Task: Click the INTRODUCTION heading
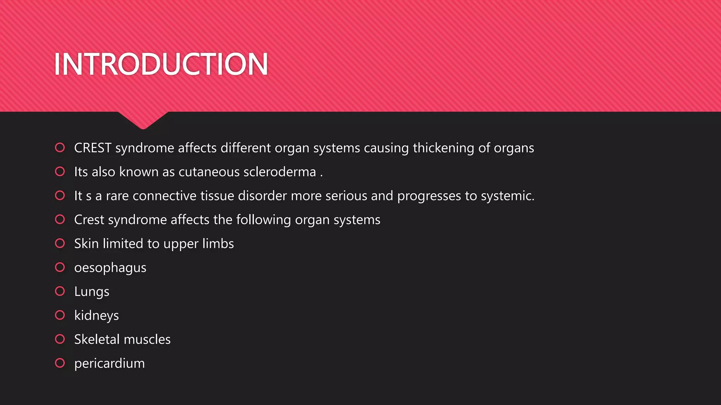click(x=161, y=64)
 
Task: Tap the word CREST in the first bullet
click(x=93, y=148)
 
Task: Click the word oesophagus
click(x=110, y=268)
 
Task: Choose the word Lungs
click(x=92, y=292)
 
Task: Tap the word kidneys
click(x=96, y=316)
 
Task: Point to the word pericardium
click(x=109, y=364)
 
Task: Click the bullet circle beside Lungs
click(x=60, y=291)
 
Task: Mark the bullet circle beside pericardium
click(x=60, y=363)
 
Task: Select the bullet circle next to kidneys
click(x=60, y=315)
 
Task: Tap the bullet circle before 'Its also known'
click(x=60, y=172)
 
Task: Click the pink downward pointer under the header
click(x=143, y=120)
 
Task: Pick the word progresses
click(x=429, y=196)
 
